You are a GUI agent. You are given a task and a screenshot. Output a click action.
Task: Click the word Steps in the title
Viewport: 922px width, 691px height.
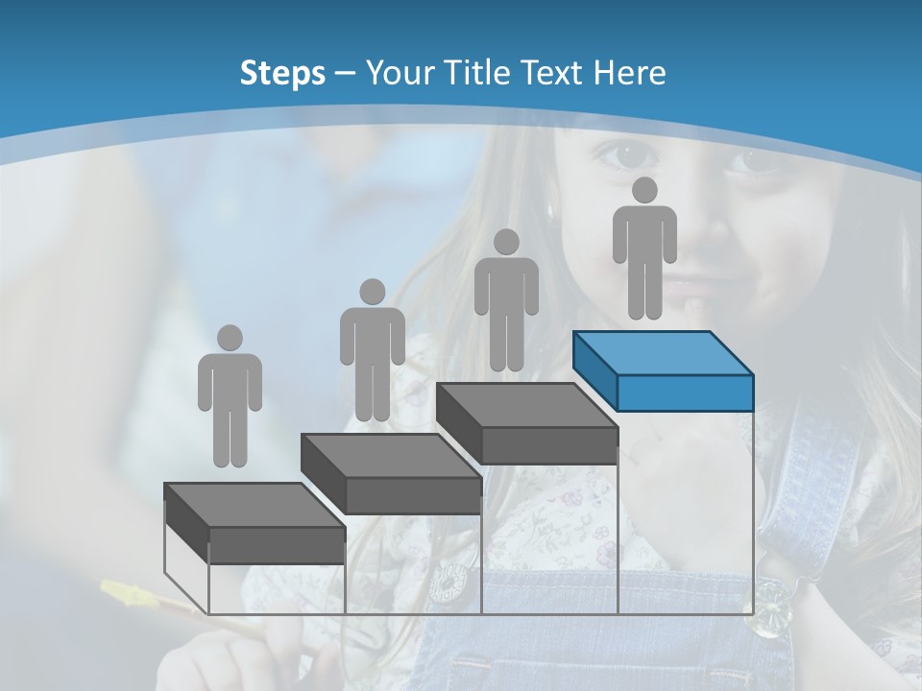[282, 73]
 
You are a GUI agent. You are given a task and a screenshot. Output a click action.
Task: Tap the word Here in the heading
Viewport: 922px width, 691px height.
[630, 73]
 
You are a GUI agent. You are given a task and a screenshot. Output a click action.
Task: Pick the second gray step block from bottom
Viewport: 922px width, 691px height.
[391, 475]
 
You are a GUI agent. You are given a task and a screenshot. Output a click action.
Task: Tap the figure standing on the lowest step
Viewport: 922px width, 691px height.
[230, 396]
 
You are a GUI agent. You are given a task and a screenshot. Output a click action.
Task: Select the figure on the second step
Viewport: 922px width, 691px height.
[372, 351]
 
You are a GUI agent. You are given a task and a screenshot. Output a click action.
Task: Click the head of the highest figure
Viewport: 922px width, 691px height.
[644, 190]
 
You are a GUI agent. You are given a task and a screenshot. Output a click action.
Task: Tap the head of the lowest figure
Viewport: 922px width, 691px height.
[230, 338]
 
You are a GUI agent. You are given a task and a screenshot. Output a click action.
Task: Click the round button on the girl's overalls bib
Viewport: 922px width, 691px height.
[447, 582]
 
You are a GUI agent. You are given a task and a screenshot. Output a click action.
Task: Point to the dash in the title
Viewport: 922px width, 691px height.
[346, 73]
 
